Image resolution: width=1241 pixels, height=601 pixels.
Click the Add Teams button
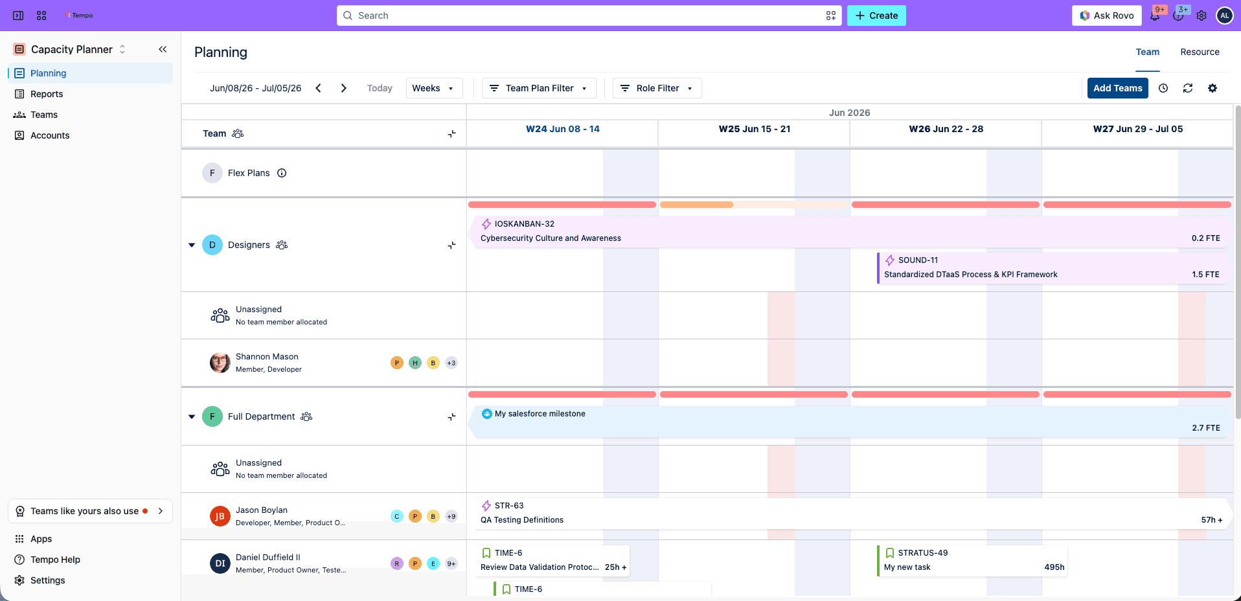coord(1117,88)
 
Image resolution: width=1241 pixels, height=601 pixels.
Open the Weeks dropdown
coord(434,88)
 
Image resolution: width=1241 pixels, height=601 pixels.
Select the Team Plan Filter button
coord(539,88)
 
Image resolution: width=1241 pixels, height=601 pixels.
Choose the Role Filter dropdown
coord(657,88)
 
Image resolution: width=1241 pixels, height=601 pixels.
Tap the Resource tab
coord(1200,52)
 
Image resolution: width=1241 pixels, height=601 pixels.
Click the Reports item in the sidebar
coord(47,94)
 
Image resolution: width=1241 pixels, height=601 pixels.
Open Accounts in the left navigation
coord(50,135)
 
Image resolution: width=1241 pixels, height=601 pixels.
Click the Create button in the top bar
coord(876,16)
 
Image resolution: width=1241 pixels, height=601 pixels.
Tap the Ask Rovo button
coord(1107,16)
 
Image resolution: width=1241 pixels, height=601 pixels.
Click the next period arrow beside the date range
coord(344,88)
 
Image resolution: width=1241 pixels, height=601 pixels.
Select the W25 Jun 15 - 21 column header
coord(754,129)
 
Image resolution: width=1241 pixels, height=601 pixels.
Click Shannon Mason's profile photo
coord(220,363)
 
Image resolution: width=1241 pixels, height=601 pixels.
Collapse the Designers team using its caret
coord(192,245)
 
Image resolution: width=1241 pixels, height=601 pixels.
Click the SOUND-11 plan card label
coord(918,260)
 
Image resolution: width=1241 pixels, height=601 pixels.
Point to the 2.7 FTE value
coord(1205,428)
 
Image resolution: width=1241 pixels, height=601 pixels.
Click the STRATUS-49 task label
coord(922,553)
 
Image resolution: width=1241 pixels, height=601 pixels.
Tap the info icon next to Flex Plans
coord(282,173)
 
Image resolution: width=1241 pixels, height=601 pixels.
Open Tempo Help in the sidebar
coord(55,560)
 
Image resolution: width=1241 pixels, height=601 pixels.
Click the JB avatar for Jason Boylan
coord(220,516)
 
